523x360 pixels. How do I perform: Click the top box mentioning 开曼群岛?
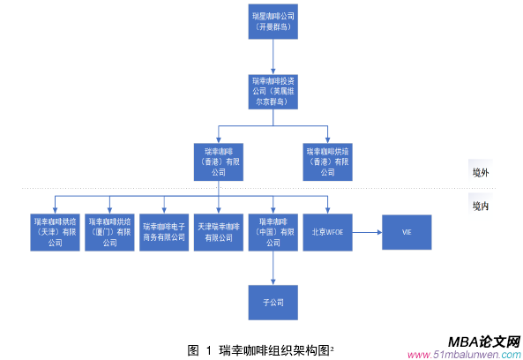coord(273,22)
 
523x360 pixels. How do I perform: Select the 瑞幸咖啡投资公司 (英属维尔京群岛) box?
coord(273,89)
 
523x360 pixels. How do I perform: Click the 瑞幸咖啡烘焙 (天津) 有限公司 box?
coord(56,231)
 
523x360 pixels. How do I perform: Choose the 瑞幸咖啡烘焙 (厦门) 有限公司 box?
coord(109,231)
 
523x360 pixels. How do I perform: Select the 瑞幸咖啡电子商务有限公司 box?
coord(164,231)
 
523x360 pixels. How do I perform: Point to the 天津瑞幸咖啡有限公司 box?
coord(219,231)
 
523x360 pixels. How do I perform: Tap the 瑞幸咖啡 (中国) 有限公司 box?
coord(273,231)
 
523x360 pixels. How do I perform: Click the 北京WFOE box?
coord(327,231)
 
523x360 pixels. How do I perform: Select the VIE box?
coord(407,231)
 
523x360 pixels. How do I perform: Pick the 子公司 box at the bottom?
coord(273,303)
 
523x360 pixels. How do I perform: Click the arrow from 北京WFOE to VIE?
coord(366,231)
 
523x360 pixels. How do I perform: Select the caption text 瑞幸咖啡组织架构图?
coord(269,349)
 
